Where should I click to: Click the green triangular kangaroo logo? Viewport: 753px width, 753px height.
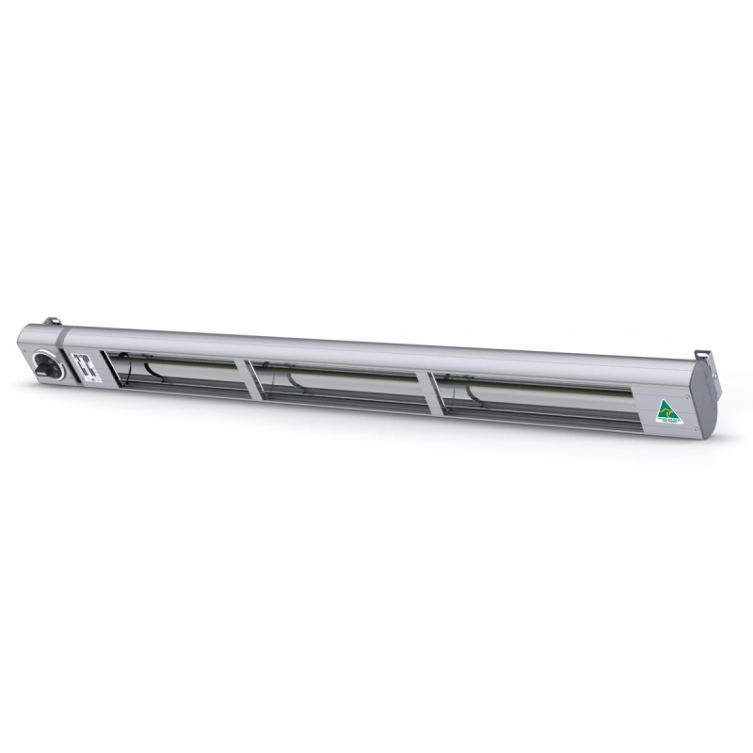coord(667,411)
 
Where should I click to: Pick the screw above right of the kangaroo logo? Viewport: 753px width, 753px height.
coord(686,396)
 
